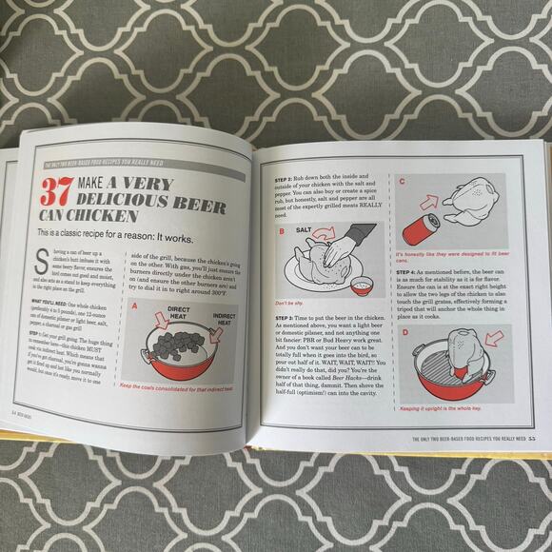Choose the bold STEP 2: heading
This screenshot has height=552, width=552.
pos(286,153)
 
